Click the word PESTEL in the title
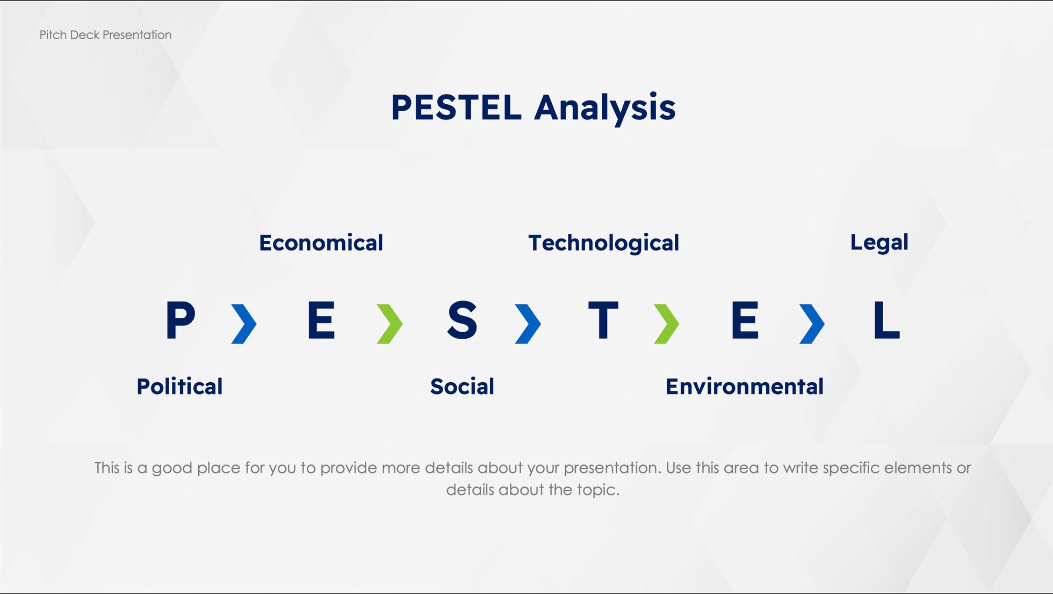click(456, 108)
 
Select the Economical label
click(321, 243)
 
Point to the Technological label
click(603, 244)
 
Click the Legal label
click(879, 243)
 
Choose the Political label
click(179, 387)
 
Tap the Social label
click(462, 387)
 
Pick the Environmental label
click(744, 387)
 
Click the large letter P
click(180, 320)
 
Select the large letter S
click(462, 320)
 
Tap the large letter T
click(603, 320)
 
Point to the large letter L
click(886, 320)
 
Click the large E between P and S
click(321, 320)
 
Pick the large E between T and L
click(745, 320)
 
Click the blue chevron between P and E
click(244, 324)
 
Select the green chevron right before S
click(390, 324)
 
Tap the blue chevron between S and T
click(528, 324)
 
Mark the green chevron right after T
click(667, 324)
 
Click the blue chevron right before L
click(812, 324)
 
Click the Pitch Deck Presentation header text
click(105, 35)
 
